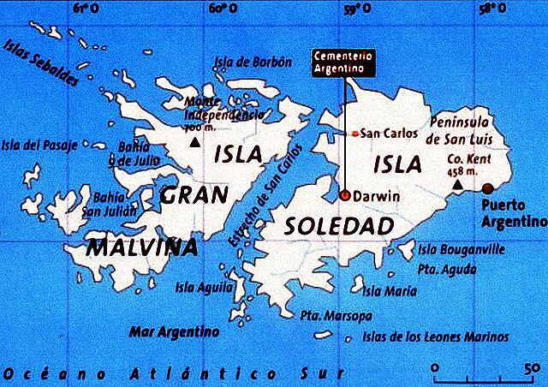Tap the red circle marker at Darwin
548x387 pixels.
pos(344,195)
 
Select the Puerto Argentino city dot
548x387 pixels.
pos(488,188)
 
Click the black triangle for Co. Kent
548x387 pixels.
pos(458,184)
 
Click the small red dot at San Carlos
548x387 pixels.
pos(355,134)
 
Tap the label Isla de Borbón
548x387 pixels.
pos(254,61)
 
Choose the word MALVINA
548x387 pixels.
pos(142,247)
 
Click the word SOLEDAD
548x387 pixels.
pos(340,226)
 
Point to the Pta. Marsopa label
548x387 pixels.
pos(337,315)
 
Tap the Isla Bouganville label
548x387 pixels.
pos(462,249)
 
